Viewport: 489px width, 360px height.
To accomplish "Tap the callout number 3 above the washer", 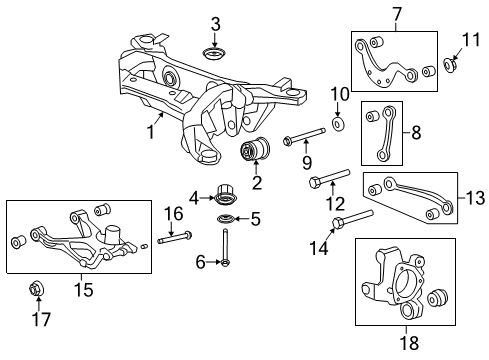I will [214, 24].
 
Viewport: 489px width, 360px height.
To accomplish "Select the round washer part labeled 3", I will [214, 52].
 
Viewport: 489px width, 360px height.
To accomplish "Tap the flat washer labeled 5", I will [227, 220].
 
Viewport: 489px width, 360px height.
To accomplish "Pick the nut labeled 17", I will [37, 290].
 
